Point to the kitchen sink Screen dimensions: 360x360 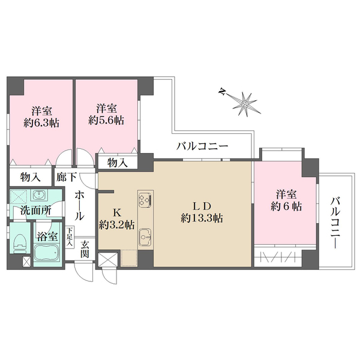coord(145,239)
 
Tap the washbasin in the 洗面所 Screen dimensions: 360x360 coord(40,196)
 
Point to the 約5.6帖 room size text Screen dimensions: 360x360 coord(106,119)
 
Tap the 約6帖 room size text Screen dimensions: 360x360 coord(285,206)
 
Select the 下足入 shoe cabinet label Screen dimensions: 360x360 coord(70,236)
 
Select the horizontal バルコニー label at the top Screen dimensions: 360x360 coord(202,146)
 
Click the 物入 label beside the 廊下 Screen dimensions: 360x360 coord(29,178)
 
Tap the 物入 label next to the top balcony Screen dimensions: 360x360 coord(118,162)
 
